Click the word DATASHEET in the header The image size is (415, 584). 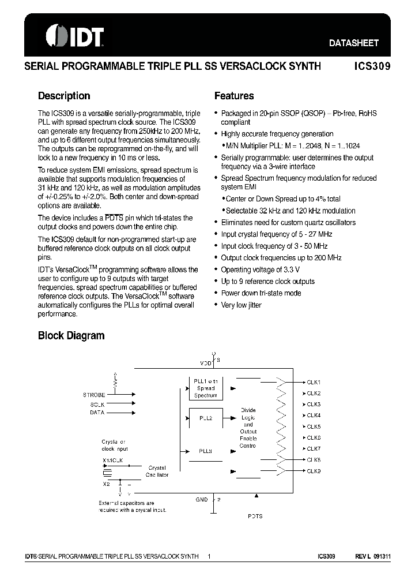coord(353,43)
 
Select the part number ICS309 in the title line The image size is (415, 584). coord(372,66)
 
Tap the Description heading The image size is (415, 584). coord(64,96)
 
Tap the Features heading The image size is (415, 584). coord(234,96)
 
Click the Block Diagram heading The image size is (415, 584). coord(71,335)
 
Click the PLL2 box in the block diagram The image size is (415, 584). coord(206,418)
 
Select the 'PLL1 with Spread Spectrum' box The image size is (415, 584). coord(206,388)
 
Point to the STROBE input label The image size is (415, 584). coord(94,395)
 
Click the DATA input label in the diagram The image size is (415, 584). coord(97,413)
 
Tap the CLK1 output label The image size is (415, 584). coord(314,383)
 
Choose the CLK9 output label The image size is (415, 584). coord(314,471)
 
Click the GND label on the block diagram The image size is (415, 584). coord(201,500)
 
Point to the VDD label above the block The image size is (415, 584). coord(205,363)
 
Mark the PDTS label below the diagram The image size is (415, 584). coord(255,516)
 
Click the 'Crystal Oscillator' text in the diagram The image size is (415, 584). coord(157,471)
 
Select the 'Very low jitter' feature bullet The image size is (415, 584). coord(241,305)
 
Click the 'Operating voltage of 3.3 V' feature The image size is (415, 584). coord(260,269)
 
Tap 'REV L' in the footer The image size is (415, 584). coord(361,556)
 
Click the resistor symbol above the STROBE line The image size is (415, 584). coord(115,381)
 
